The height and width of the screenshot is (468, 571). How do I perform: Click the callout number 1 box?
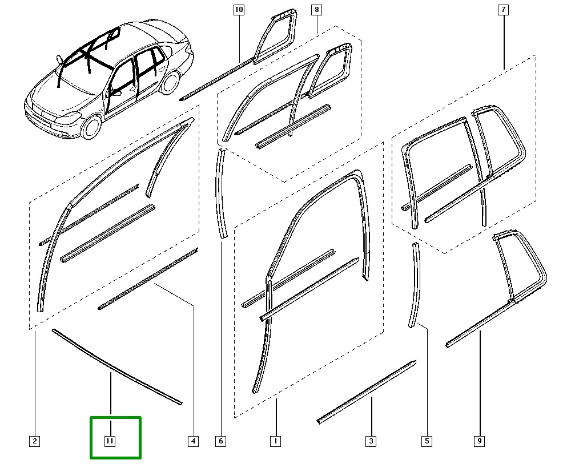point(275,441)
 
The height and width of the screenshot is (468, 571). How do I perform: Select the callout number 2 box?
point(35,441)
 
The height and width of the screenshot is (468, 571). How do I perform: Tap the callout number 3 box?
point(371,441)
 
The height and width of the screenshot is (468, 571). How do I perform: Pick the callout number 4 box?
point(193,441)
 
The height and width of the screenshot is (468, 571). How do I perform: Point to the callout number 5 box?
point(427,441)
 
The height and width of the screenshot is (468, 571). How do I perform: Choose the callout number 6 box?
point(221,441)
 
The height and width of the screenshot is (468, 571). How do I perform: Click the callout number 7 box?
point(503,10)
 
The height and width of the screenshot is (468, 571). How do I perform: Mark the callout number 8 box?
point(316,10)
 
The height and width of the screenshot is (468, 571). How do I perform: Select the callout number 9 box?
point(480,441)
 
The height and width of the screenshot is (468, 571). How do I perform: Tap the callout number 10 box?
point(239,10)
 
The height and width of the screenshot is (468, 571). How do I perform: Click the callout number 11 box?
point(110,441)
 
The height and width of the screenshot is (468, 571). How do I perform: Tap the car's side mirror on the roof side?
point(59,59)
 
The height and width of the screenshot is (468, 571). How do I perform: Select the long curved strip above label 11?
point(114,365)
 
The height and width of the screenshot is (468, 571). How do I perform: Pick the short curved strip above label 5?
point(416,285)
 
